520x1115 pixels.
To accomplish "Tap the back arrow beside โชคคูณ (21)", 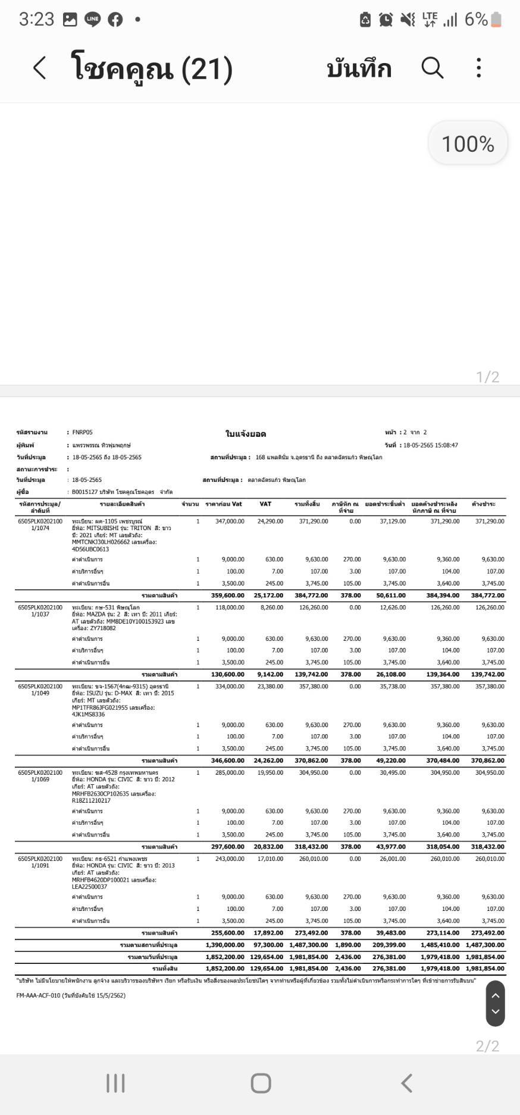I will tap(39, 68).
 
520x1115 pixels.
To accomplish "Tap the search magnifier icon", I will tap(433, 68).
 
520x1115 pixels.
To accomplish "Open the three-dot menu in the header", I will tap(478, 68).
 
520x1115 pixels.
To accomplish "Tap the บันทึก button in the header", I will tap(359, 69).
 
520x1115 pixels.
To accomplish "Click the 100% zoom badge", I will tap(468, 143).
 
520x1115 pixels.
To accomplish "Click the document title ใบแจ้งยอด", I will tap(246, 434).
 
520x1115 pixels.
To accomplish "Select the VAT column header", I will tap(265, 504).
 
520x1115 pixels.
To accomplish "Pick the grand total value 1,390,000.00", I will tap(225, 945).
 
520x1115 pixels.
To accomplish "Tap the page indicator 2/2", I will tap(487, 1046).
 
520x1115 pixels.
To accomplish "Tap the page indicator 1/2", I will tap(487, 377).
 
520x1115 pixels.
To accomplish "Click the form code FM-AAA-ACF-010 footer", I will tap(71, 995).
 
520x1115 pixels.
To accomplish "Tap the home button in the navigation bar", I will tap(261, 1083).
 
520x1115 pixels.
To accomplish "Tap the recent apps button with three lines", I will tap(115, 1083).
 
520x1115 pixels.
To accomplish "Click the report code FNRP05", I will tap(82, 433).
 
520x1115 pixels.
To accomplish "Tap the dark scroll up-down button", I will tap(495, 1004).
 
